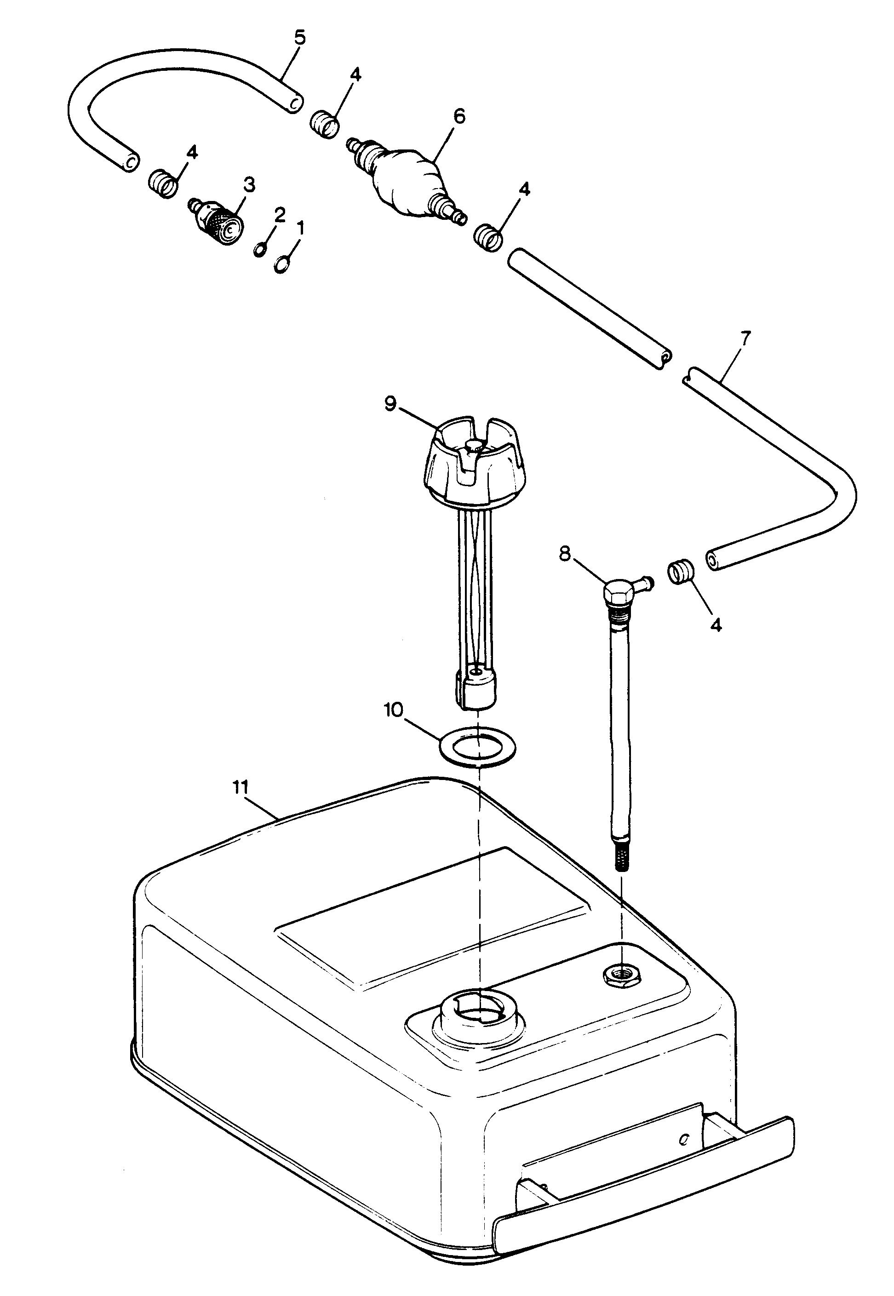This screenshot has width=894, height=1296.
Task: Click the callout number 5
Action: point(300,38)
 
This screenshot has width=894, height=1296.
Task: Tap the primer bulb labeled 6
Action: point(407,185)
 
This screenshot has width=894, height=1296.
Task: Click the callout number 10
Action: point(393,711)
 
